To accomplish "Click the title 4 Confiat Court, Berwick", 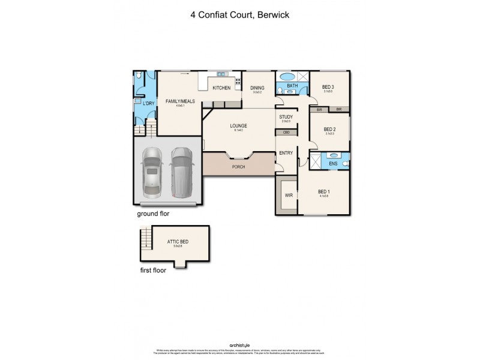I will pos(239,14).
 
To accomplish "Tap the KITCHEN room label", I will pos(221,88).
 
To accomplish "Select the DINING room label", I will pos(257,88).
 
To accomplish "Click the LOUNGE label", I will pos(239,125).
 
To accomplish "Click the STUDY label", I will pos(286,117).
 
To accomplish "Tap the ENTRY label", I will pos(286,153).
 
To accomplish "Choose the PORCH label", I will pos(239,167).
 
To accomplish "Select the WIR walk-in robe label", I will pos(287,195).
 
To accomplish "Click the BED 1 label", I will pos(325,192).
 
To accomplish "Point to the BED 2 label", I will pos(329,129).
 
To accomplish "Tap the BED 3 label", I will pos(328,86).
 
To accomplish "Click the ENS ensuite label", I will pos(334,163).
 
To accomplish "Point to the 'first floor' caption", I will pos(152,270).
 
